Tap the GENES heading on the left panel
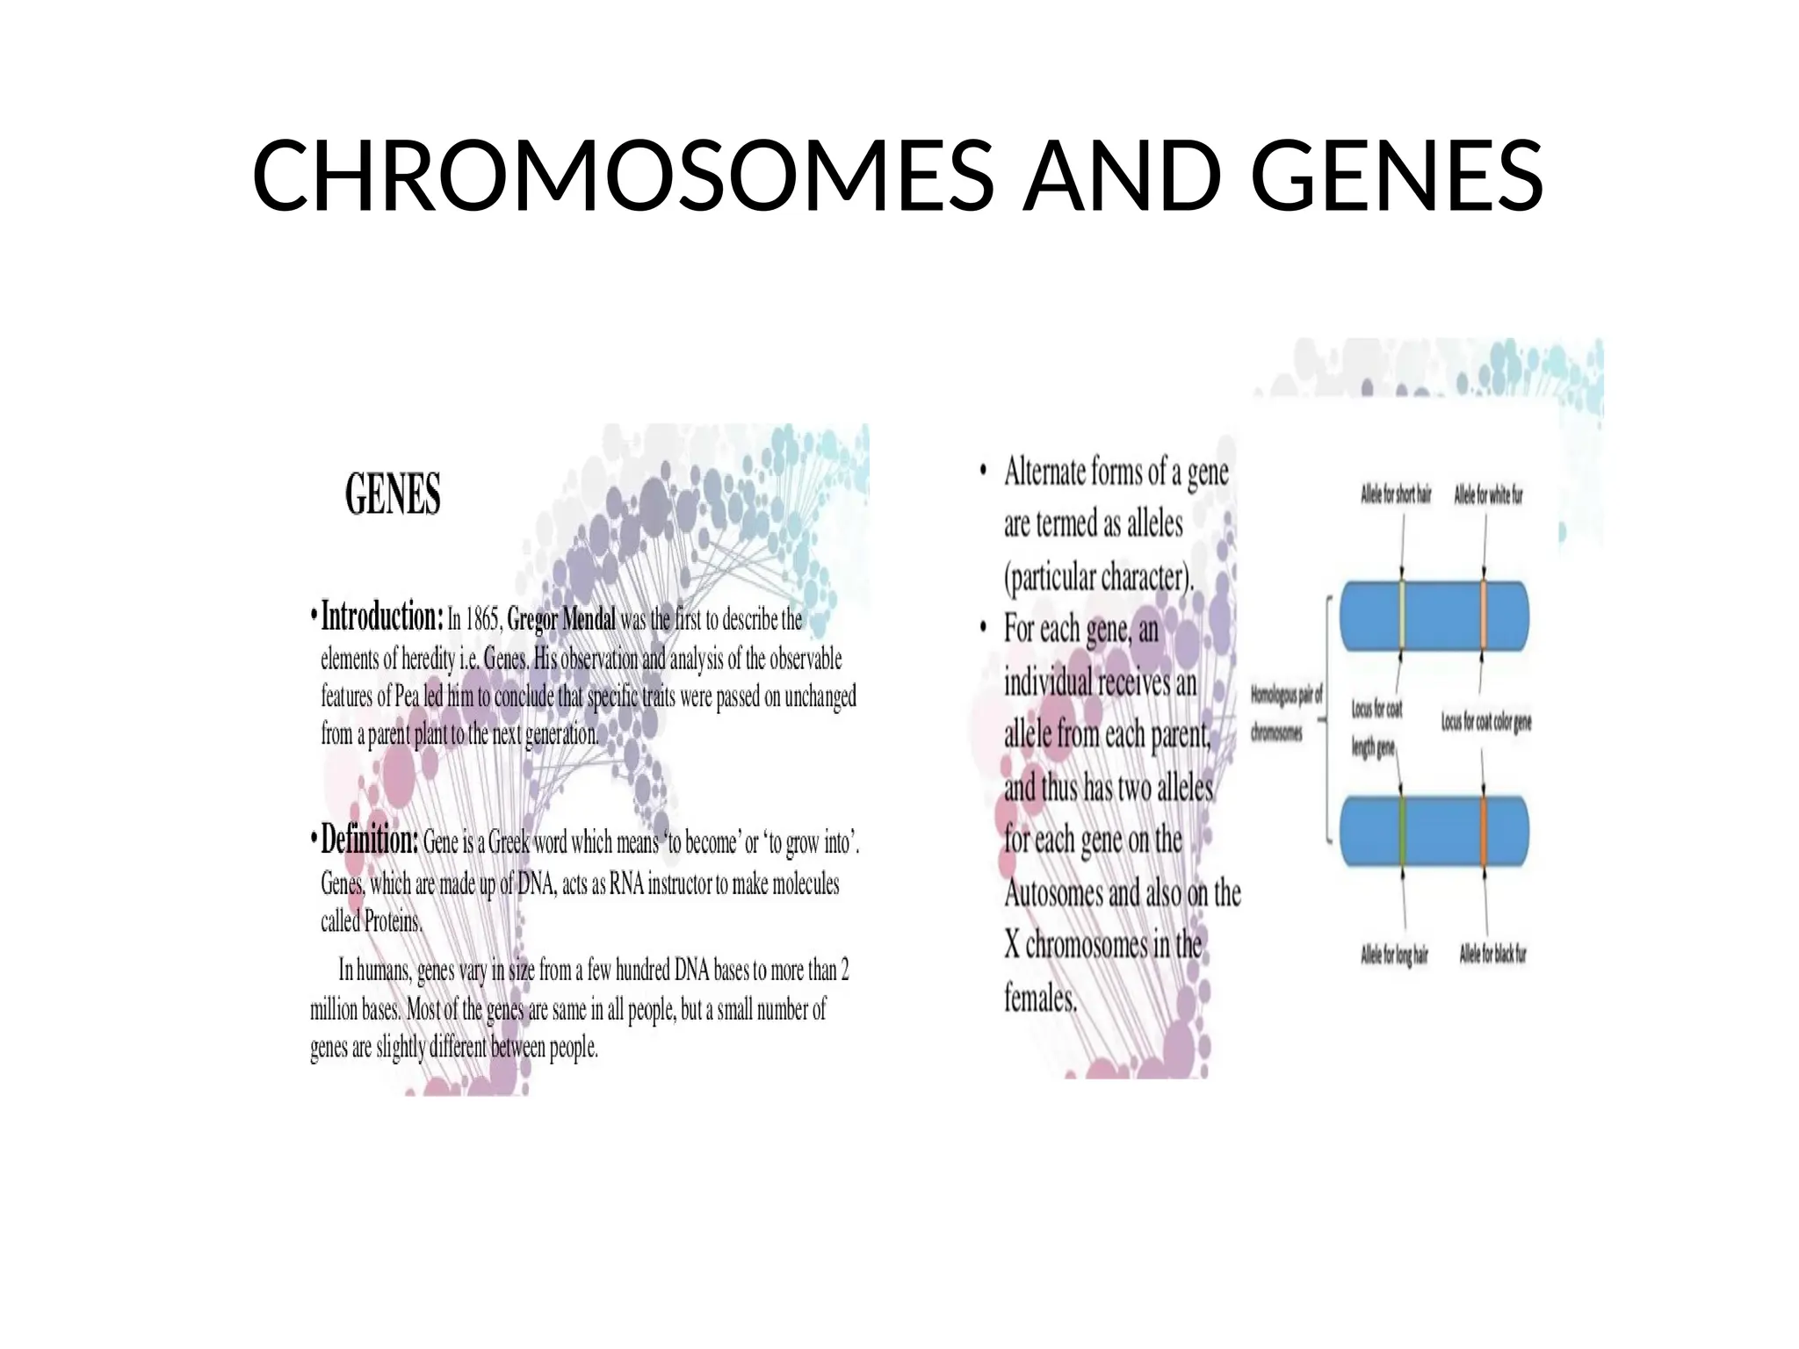click(393, 494)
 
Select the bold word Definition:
click(370, 840)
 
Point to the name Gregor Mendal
click(562, 620)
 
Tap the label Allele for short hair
click(1396, 495)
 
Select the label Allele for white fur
click(1488, 495)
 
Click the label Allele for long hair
click(1394, 955)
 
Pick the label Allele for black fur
click(1492, 954)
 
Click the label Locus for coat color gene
click(1486, 722)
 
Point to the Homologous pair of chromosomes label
click(1285, 713)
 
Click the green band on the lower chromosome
click(1403, 831)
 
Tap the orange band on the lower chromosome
click(1484, 831)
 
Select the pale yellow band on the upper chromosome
click(1402, 616)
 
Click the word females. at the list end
click(1041, 999)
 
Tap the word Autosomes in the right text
click(1052, 893)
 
